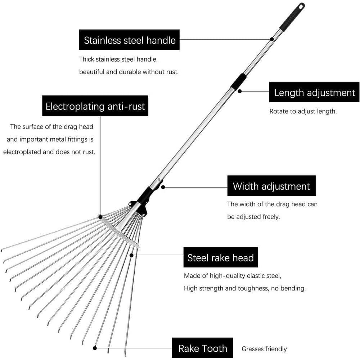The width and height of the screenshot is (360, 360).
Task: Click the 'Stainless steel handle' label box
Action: tap(129, 40)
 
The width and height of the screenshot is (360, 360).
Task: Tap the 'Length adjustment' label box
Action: tap(314, 92)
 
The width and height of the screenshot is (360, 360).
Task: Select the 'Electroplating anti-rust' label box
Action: tap(95, 106)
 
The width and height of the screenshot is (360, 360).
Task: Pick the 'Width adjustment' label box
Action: tap(271, 186)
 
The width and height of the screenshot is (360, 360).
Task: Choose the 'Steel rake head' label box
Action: tap(220, 257)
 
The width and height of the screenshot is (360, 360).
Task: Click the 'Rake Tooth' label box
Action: tap(202, 348)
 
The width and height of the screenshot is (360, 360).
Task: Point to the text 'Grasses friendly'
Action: tap(264, 349)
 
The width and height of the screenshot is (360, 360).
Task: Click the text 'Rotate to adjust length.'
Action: tap(303, 111)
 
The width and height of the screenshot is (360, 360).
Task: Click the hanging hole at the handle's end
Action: tap(301, 6)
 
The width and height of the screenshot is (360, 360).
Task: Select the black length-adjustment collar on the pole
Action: tap(239, 81)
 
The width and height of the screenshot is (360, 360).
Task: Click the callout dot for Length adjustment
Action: tap(240, 91)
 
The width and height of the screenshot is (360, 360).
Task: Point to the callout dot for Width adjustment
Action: tap(163, 187)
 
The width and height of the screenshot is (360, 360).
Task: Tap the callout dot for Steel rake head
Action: tap(132, 255)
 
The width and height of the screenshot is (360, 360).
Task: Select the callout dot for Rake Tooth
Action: tap(95, 348)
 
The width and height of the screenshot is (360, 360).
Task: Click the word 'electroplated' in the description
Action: tap(22, 152)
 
